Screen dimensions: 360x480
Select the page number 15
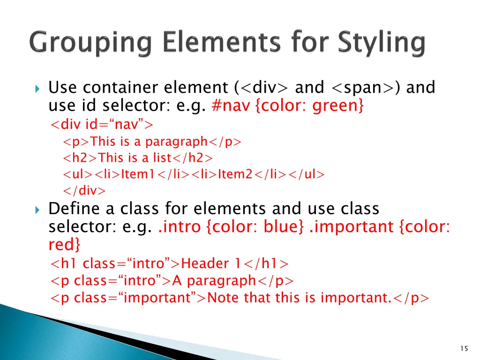coord(464,348)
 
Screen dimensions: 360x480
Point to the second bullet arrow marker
coord(38,210)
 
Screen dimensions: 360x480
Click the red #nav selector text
coord(232,106)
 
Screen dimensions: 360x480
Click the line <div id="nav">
coord(102,125)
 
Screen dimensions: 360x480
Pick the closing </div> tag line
coord(84,191)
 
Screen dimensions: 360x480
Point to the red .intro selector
coord(180,227)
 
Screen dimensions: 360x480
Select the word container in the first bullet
coord(122,88)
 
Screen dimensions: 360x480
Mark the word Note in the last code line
coord(223,298)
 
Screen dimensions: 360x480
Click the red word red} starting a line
coord(64,245)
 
